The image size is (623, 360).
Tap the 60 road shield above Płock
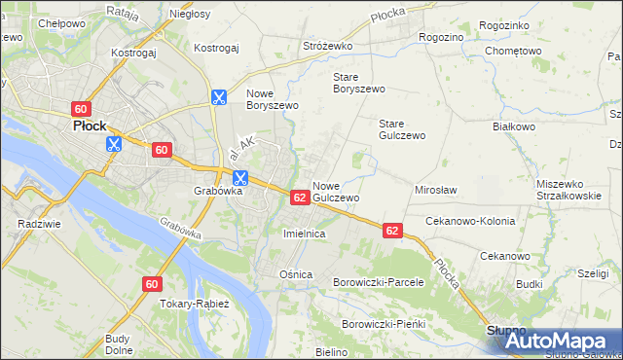[81, 108]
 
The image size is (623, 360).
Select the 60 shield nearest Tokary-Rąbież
[151, 284]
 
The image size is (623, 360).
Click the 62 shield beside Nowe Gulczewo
[301, 197]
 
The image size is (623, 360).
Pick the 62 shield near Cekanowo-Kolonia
[392, 231]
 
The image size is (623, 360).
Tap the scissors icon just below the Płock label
[114, 144]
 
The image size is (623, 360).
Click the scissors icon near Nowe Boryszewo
[219, 97]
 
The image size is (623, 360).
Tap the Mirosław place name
[436, 191]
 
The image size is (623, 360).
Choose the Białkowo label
[515, 126]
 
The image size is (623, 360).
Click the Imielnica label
[303, 234]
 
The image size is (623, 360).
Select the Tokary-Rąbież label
[195, 304]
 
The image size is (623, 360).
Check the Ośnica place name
[296, 274]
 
